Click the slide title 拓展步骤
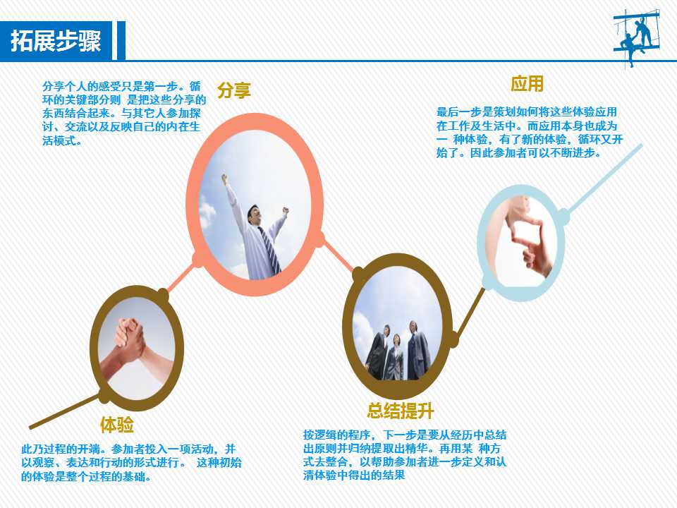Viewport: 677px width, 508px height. (x=56, y=41)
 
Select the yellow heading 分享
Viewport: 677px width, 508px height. (x=234, y=90)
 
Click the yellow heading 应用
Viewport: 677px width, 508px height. (x=527, y=83)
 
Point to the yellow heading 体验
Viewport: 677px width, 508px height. (x=116, y=424)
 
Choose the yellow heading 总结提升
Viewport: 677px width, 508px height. (x=400, y=411)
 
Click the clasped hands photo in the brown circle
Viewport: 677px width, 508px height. (x=137, y=349)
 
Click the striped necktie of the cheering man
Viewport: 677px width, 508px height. (x=269, y=251)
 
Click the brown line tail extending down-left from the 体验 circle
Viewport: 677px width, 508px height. (x=64, y=411)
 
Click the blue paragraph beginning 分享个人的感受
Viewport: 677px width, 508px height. (x=124, y=113)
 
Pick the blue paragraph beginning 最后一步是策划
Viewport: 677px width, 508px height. (x=530, y=132)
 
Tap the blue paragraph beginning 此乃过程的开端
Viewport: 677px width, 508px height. (x=131, y=463)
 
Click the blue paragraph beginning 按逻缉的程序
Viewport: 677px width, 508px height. (x=405, y=455)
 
